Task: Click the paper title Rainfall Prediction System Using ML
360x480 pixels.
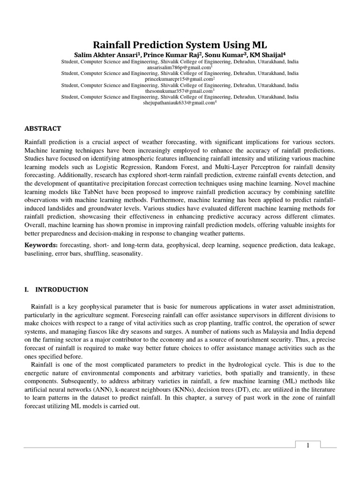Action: [x=180, y=45]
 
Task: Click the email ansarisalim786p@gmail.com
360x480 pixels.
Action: [x=179, y=67]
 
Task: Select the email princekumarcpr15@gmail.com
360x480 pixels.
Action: [x=179, y=79]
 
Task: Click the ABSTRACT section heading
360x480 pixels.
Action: [x=43, y=128]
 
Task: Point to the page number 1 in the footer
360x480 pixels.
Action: [x=308, y=445]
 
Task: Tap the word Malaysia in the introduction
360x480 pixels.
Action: [x=266, y=339]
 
